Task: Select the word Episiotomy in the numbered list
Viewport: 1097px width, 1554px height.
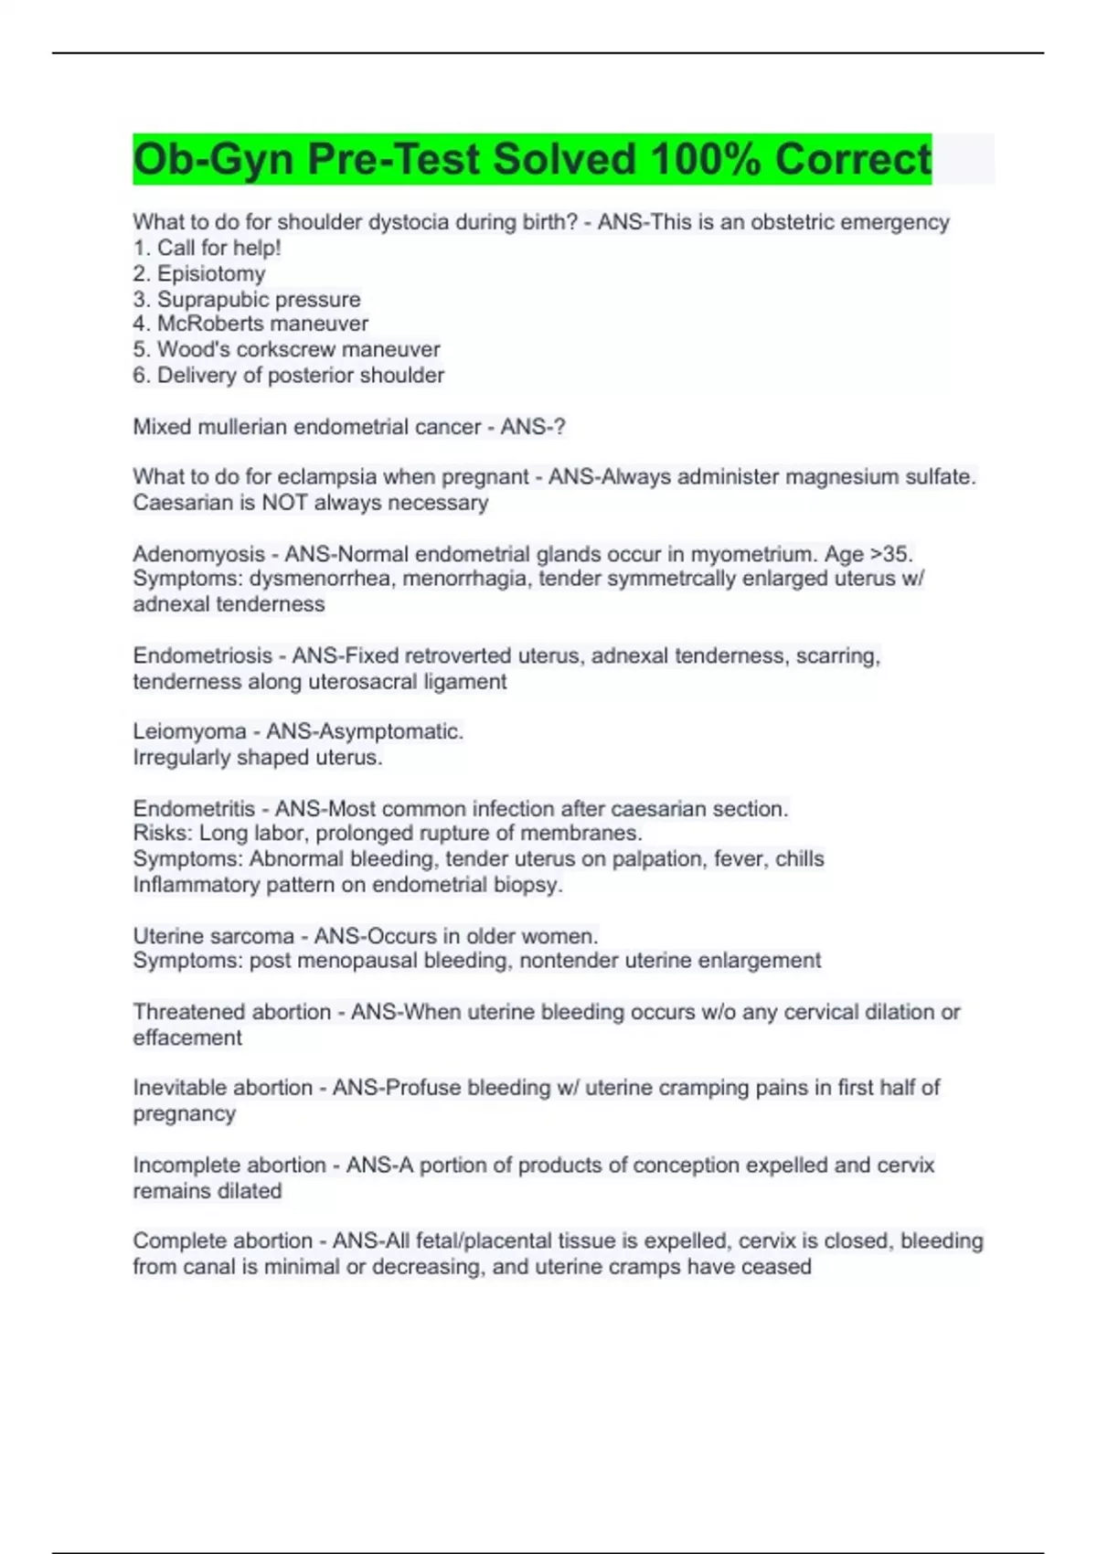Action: coord(211,273)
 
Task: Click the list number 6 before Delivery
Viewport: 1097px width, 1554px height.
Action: coord(140,375)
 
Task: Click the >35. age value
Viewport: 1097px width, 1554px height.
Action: coord(891,554)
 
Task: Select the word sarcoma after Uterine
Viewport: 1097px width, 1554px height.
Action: coord(251,936)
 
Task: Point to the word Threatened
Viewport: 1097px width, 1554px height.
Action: coord(186,1012)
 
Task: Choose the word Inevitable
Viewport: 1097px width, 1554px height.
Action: coord(177,1088)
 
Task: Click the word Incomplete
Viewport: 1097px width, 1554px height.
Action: coord(184,1165)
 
